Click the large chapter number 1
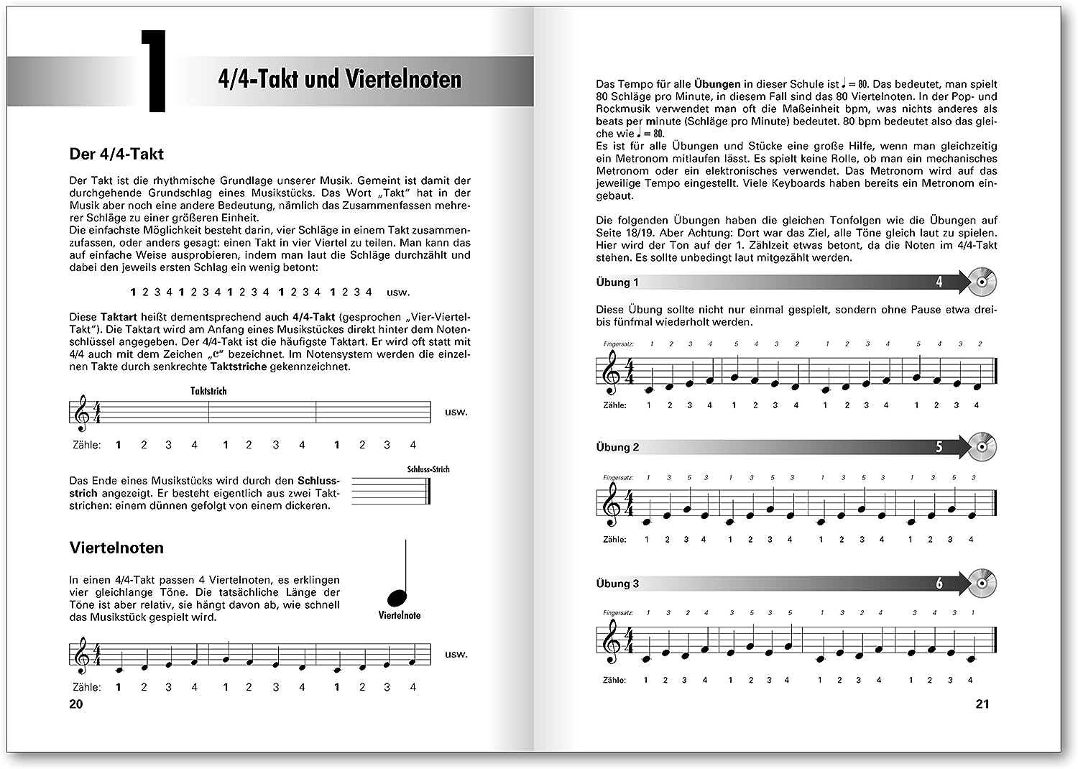[154, 72]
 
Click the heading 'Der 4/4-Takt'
[116, 154]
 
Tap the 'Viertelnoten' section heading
[116, 548]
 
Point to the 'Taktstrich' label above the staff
[208, 391]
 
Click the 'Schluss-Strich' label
[428, 469]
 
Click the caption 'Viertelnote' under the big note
[400, 615]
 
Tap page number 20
[76, 704]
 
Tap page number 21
[982, 704]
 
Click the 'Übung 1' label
[617, 282]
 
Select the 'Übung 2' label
[617, 447]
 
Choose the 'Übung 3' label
[617, 584]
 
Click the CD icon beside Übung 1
[982, 282]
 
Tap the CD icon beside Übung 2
[982, 446]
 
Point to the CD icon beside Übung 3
[982, 583]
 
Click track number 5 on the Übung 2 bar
[939, 447]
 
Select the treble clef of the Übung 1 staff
[612, 375]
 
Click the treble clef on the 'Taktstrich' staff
[83, 412]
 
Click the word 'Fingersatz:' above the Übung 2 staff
[618, 478]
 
